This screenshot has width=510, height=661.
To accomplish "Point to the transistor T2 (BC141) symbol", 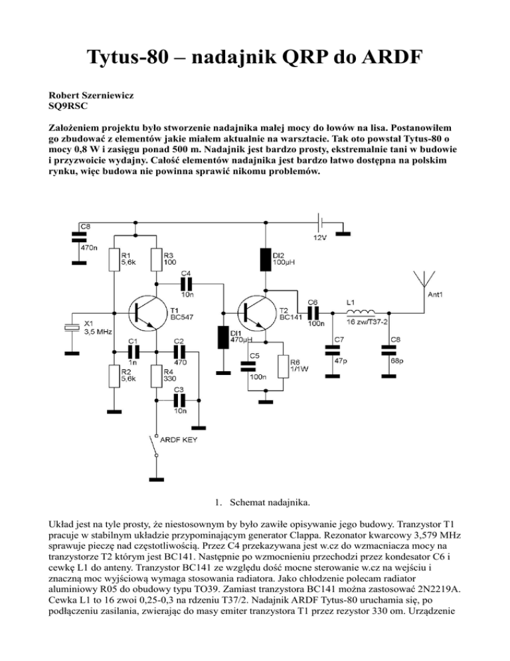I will click(x=256, y=310).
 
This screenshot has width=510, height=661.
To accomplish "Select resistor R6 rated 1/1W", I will click(x=285, y=366).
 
